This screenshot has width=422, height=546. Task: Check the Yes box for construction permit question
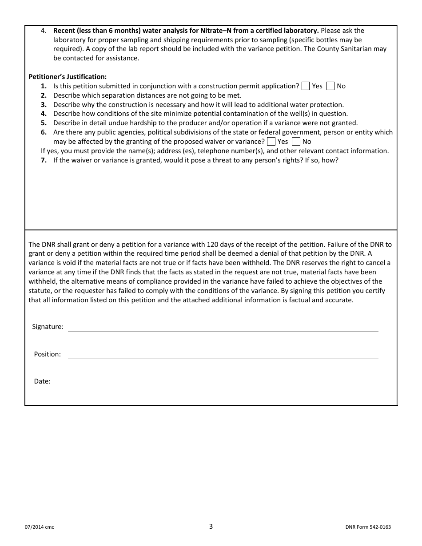tap(306, 86)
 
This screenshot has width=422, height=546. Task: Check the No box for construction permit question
tap(330, 86)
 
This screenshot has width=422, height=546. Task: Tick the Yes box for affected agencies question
tap(271, 142)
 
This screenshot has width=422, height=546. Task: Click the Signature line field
tap(223, 328)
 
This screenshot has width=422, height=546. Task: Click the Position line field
tap(223, 355)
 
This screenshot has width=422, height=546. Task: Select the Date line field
tap(223, 382)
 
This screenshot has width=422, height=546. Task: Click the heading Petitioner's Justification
tap(68, 77)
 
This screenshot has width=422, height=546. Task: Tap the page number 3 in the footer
tap(211, 526)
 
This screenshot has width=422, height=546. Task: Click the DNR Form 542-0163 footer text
tap(368, 527)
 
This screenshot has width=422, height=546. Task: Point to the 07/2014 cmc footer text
tap(39, 527)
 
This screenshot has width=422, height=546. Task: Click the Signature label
tap(48, 327)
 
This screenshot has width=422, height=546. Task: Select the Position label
tap(47, 354)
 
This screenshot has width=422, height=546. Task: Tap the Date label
tap(42, 381)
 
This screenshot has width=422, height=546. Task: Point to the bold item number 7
tap(44, 160)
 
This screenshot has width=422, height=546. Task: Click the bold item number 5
tap(44, 123)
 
